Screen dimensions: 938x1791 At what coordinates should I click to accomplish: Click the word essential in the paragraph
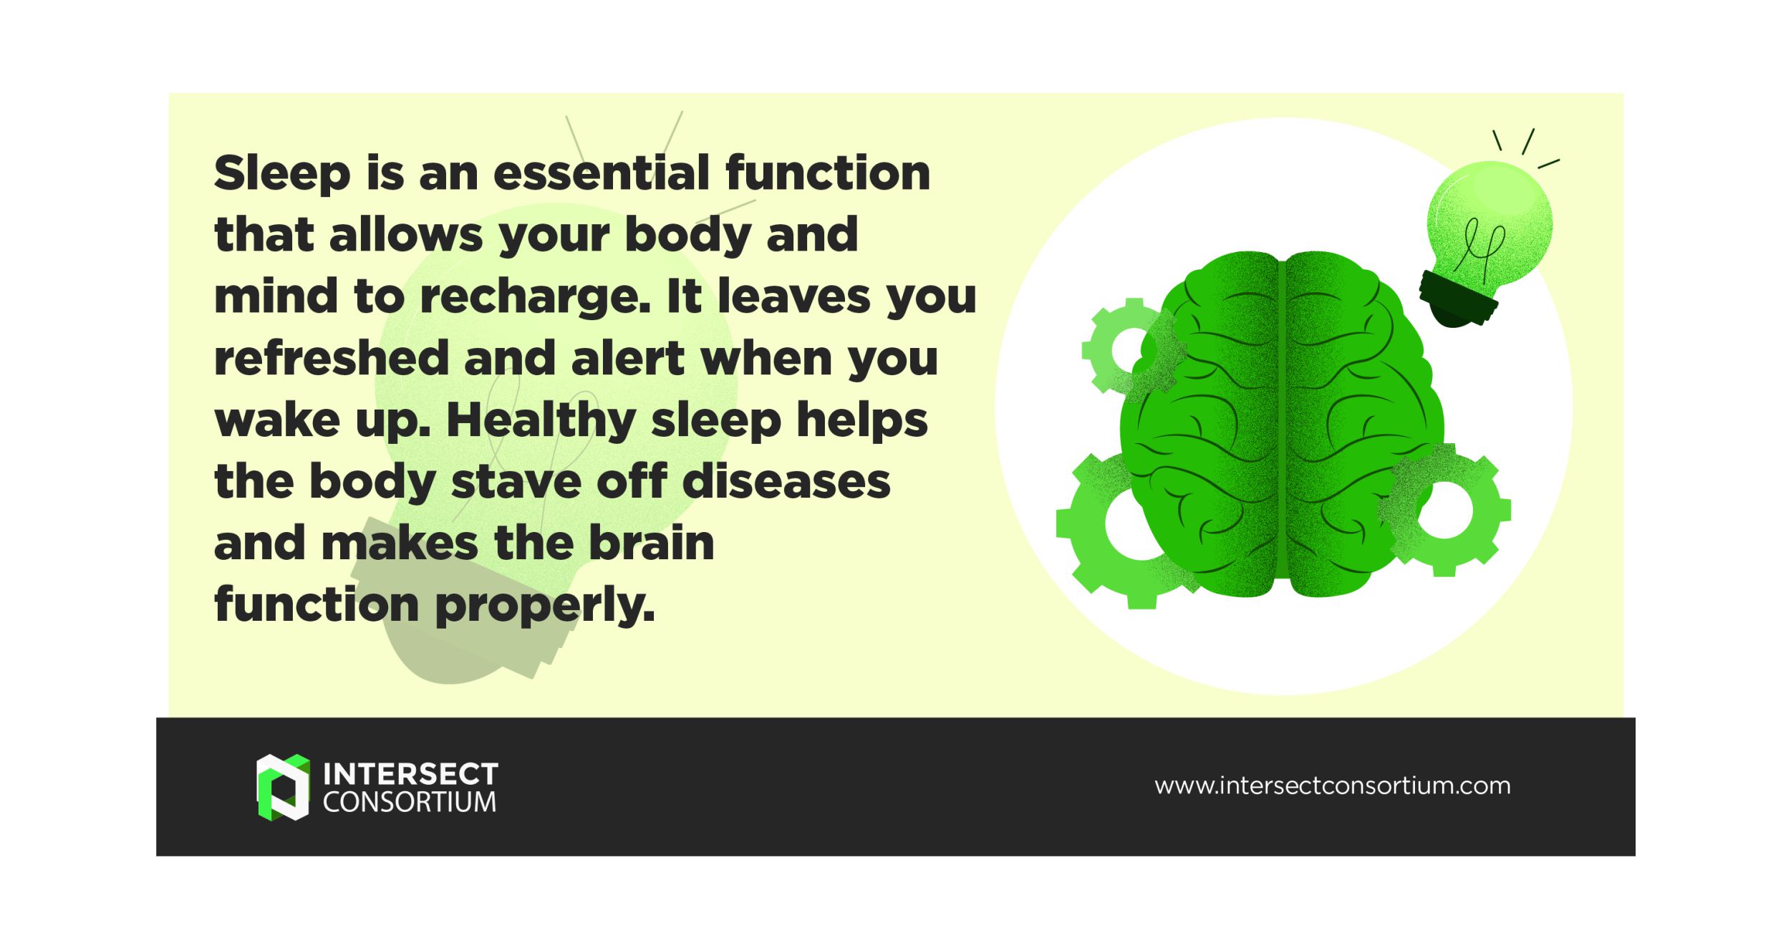(600, 173)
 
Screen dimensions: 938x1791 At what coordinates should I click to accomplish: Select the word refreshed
(332, 359)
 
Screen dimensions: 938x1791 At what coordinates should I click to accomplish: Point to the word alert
(628, 359)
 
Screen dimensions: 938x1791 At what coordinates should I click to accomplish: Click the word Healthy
(541, 421)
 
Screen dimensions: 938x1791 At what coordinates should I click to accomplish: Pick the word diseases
(786, 482)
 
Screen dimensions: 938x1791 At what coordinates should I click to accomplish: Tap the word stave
(516, 482)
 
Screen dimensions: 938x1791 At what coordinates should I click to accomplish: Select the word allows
(406, 236)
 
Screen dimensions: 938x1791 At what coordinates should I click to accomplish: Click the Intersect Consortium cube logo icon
(283, 787)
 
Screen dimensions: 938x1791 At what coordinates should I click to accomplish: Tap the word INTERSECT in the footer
(410, 774)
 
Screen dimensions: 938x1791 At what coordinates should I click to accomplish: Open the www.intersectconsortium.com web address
(1332, 786)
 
